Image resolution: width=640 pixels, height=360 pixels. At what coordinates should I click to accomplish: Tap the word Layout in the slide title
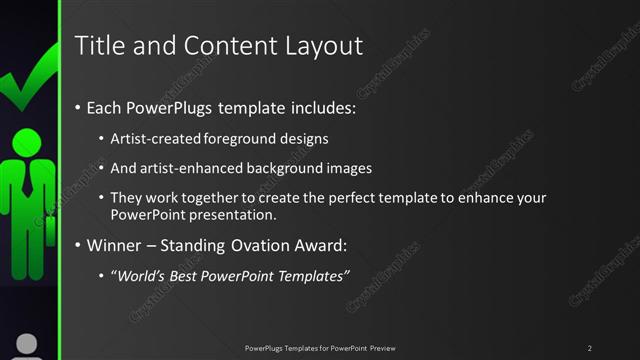323,45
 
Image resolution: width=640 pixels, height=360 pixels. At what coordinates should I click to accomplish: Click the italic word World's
142,276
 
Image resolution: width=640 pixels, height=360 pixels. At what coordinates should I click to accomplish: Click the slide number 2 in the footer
590,348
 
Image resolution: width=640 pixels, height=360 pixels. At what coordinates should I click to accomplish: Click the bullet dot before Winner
78,246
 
